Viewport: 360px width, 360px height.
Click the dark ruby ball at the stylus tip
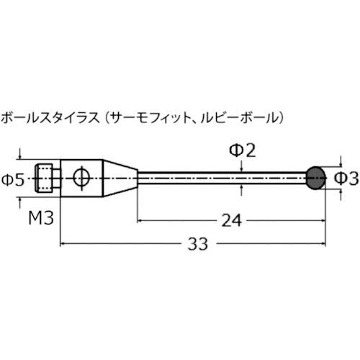click(x=315, y=176)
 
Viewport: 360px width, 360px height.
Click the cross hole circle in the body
click(x=79, y=176)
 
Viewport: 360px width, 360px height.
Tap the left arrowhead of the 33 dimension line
click(x=64, y=244)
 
